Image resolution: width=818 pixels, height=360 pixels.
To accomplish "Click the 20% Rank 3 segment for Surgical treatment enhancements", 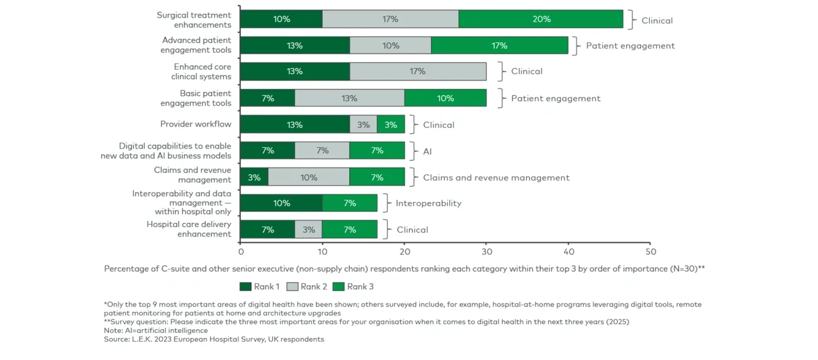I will (541, 20).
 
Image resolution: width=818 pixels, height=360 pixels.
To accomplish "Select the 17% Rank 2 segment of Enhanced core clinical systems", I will (418, 72).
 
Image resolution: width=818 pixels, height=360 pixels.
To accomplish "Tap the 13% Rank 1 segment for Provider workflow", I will (294, 125).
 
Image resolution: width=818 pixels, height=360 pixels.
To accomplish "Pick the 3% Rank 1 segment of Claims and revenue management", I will (254, 177).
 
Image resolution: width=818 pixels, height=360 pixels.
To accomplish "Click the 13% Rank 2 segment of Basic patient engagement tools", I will (349, 98).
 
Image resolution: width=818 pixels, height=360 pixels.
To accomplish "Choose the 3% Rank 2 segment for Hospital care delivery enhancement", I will (308, 230).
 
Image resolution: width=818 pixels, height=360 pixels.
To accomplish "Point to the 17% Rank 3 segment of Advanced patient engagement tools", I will (500, 46).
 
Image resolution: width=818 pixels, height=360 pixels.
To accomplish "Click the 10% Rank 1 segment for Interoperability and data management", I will (281, 203).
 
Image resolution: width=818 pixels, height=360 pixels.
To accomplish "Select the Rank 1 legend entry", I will (260, 287).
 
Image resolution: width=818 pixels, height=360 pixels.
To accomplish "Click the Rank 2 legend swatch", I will (292, 287).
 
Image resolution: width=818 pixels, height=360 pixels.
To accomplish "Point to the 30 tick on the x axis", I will (486, 251).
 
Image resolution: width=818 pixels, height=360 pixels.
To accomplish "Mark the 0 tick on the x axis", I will (240, 251).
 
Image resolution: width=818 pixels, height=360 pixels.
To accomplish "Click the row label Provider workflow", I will (196, 125).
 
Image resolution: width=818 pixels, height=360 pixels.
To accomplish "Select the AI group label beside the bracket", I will (427, 151).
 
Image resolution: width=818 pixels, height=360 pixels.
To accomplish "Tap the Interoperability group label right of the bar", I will (429, 203).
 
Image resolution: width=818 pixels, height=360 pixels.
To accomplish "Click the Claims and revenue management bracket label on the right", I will (496, 177).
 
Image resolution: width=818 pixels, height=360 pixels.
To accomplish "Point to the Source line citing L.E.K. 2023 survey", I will (214, 339).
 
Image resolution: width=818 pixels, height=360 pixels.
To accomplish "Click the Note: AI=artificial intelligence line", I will (155, 330).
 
